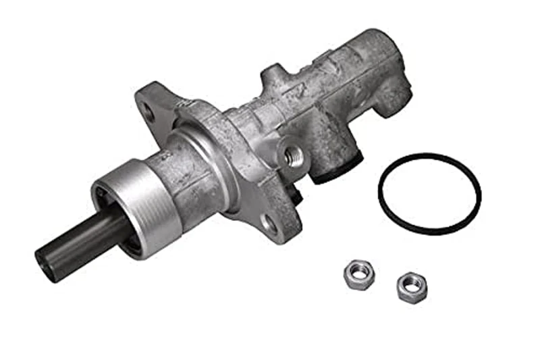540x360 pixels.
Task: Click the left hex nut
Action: point(358,276)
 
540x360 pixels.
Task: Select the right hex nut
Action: point(411,287)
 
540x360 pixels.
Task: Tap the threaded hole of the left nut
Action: point(358,274)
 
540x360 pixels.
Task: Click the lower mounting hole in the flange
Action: point(269,225)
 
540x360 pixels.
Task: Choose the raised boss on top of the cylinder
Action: point(274,74)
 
